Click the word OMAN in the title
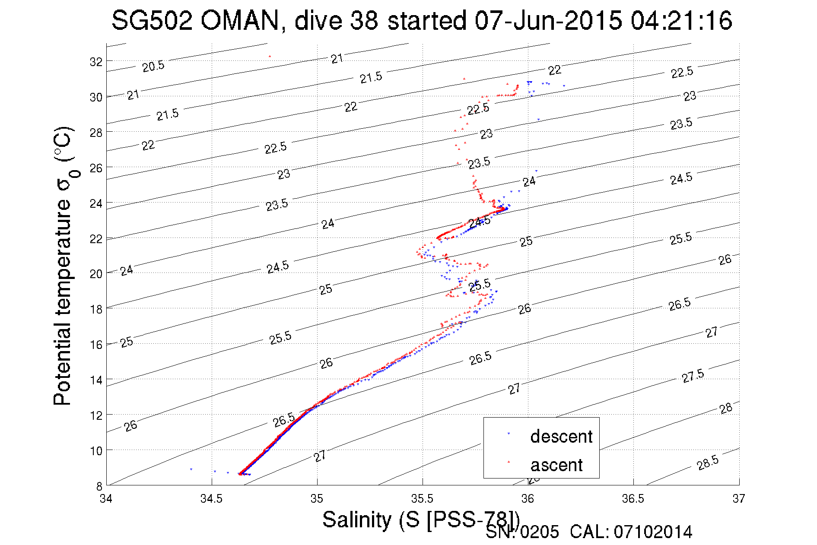click(x=240, y=21)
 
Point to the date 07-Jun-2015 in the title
click(x=548, y=21)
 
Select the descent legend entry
click(x=561, y=437)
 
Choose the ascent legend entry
click(x=556, y=465)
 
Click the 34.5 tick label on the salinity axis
click(x=211, y=499)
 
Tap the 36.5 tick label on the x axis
click(x=633, y=499)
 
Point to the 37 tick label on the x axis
click(x=738, y=499)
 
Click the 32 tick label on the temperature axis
click(x=96, y=62)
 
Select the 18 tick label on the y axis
click(x=96, y=309)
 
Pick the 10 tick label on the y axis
click(x=96, y=451)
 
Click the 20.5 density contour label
click(x=153, y=67)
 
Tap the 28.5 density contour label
click(x=708, y=463)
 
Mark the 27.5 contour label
click(x=693, y=376)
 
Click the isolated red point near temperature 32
click(x=270, y=56)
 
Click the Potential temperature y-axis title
click(x=63, y=266)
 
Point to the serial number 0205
click(x=540, y=532)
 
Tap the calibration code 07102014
click(x=653, y=532)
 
